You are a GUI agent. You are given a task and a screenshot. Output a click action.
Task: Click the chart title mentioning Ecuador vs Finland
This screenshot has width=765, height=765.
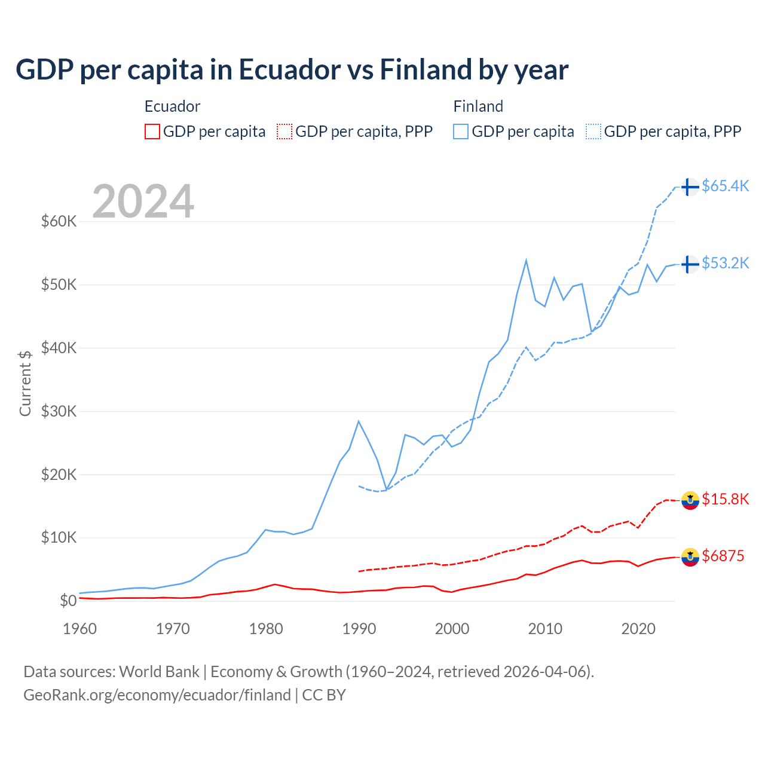[292, 70]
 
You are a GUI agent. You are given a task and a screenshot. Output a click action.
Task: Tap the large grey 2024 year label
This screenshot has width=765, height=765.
[143, 201]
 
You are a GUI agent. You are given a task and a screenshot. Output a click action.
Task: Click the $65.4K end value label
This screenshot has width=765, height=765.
[725, 186]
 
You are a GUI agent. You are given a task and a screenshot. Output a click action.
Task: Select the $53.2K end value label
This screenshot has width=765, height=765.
[725, 263]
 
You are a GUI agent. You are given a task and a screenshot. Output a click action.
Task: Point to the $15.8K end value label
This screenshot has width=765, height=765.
[725, 499]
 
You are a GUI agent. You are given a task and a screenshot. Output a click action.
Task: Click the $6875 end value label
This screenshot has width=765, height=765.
[723, 556]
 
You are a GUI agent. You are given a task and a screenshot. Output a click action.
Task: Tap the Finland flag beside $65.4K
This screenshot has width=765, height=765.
[690, 187]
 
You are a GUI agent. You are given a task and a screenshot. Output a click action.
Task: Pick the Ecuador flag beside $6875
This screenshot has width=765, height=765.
[690, 557]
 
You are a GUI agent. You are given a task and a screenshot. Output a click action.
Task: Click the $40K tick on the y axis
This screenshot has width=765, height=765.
[59, 348]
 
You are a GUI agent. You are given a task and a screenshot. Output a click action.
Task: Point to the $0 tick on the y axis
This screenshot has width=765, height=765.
[68, 601]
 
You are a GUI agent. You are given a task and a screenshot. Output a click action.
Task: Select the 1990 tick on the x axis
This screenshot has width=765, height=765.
[359, 629]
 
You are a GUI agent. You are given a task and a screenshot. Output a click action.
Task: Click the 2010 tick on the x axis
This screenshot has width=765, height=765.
[545, 629]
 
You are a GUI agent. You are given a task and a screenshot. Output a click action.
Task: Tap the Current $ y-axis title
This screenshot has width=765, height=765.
[25, 383]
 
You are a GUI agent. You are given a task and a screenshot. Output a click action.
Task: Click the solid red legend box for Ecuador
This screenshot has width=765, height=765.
[152, 131]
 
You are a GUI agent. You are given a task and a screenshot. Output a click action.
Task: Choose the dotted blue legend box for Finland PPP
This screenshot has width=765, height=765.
[593, 131]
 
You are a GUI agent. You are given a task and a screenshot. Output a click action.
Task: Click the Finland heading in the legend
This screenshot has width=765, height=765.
[478, 106]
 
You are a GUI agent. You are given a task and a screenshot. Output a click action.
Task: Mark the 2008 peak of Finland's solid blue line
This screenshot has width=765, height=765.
[526, 260]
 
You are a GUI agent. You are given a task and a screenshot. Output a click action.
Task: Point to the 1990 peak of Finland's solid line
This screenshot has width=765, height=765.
[359, 421]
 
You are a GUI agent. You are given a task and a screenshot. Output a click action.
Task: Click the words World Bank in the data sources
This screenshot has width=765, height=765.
[159, 672]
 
